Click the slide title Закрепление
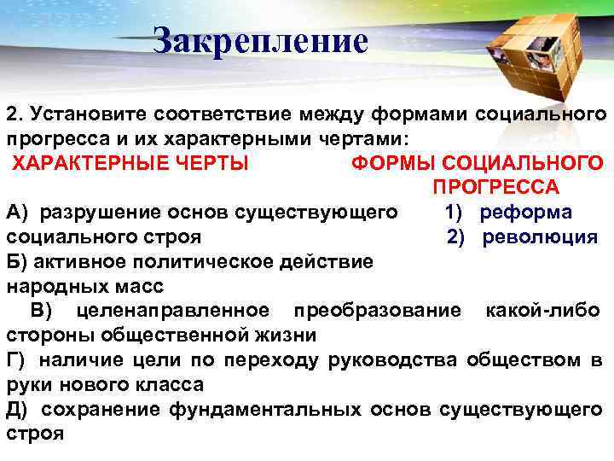tap(261, 41)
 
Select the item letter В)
tap(41, 310)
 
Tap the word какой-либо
tap(542, 310)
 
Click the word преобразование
tap(377, 310)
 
